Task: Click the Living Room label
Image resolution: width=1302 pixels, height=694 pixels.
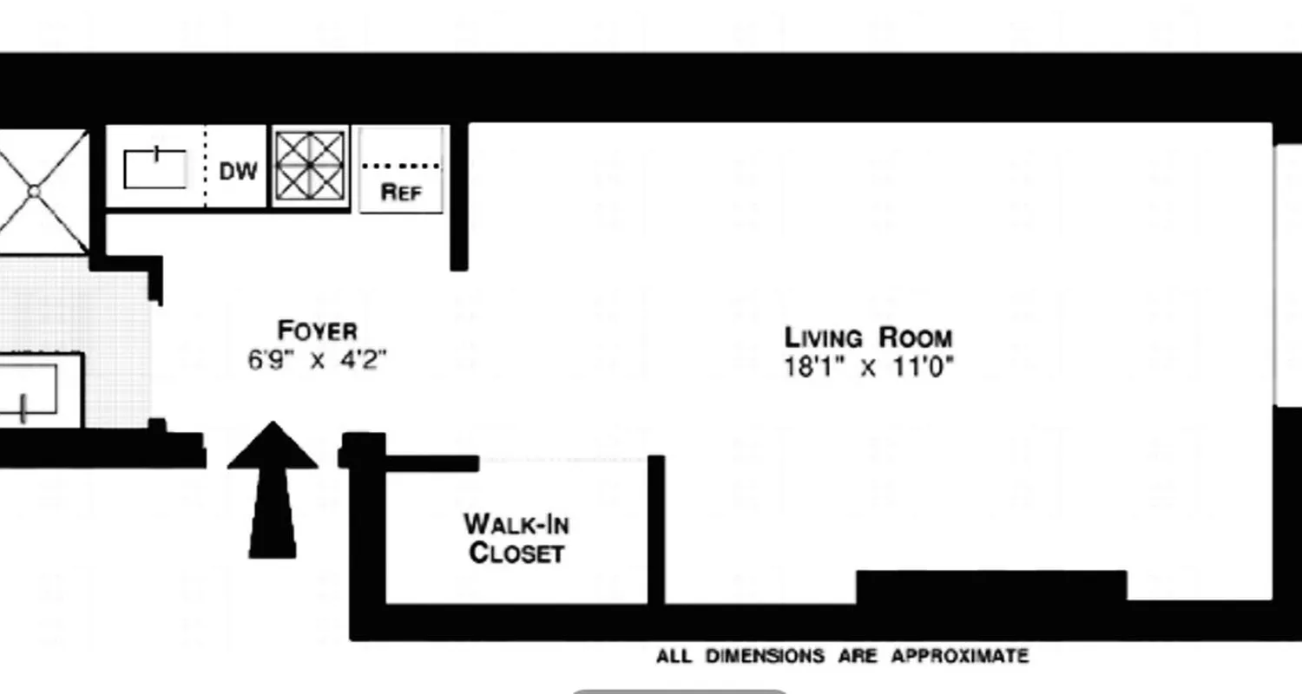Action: [868, 337]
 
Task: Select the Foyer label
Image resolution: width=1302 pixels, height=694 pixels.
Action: [317, 331]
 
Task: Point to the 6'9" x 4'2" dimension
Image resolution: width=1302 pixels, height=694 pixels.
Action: [317, 359]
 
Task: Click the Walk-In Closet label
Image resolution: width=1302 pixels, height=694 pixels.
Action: [516, 538]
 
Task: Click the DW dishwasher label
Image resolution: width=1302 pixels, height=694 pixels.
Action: [238, 171]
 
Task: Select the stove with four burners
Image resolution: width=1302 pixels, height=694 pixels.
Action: [311, 166]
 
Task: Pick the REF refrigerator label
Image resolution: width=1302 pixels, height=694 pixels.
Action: [401, 192]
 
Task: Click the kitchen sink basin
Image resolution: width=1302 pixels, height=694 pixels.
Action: [155, 169]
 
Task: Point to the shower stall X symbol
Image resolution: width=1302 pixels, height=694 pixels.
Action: [35, 191]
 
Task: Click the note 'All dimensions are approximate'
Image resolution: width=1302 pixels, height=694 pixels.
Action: [842, 656]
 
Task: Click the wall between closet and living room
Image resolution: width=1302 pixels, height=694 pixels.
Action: [656, 529]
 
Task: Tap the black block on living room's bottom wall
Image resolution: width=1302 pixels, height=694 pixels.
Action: [991, 586]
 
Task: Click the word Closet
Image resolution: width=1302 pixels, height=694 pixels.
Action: [516, 553]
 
